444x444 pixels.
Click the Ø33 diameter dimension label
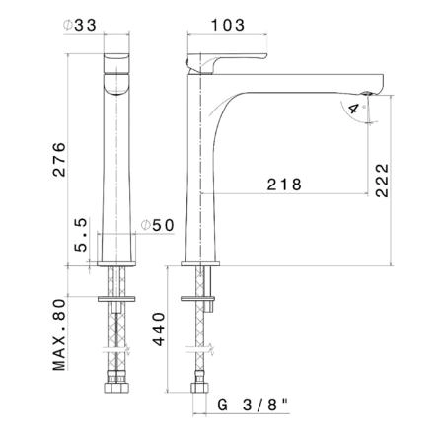pos(80,25)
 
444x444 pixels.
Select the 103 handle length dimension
pos(228,25)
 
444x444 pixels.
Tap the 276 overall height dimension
pos(59,160)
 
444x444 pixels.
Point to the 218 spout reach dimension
pos(284,185)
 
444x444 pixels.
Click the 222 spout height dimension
pos(382,181)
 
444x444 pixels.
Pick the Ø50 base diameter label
pos(158,225)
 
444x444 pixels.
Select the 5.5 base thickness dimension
pos(81,235)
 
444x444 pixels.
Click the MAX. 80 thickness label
pos(59,334)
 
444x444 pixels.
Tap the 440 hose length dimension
pos(159,330)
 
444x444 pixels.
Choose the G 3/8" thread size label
pos(253,405)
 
